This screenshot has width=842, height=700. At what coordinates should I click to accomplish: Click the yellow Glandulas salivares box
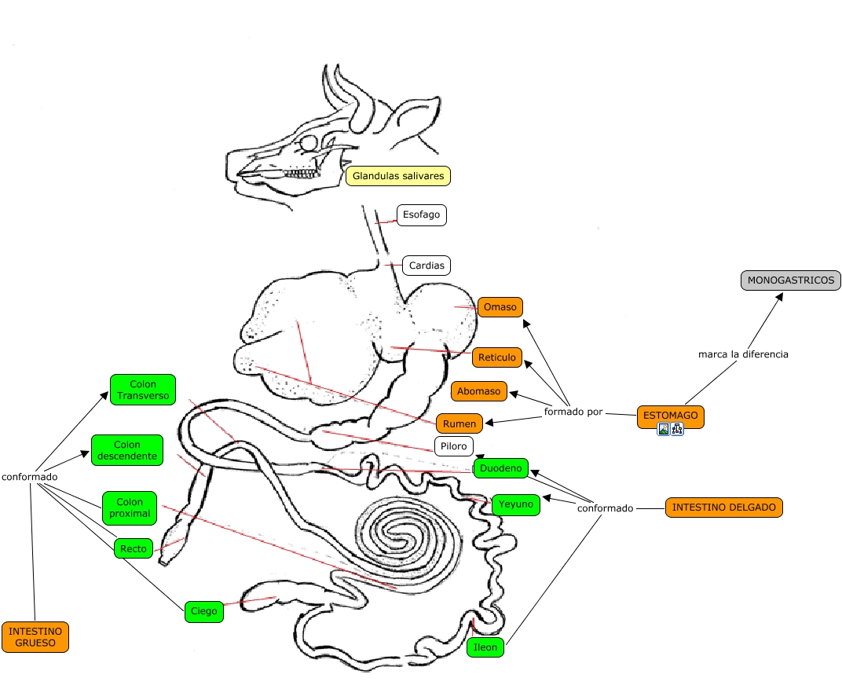click(x=398, y=176)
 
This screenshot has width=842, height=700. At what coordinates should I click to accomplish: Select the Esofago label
click(x=422, y=214)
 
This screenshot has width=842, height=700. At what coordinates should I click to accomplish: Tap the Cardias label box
click(x=426, y=266)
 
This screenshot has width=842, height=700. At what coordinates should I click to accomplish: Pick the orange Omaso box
click(x=500, y=307)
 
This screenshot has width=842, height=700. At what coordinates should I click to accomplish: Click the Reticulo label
click(x=497, y=357)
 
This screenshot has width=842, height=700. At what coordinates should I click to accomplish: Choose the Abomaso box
click(x=479, y=391)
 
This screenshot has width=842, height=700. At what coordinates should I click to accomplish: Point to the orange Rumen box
click(x=459, y=423)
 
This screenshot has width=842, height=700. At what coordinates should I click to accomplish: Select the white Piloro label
click(x=454, y=446)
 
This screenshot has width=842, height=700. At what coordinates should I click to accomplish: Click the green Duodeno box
click(x=500, y=468)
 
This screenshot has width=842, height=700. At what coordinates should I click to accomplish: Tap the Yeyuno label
click(x=516, y=504)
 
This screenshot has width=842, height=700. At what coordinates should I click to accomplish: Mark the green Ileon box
click(x=485, y=647)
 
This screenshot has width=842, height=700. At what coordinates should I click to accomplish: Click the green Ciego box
click(x=204, y=611)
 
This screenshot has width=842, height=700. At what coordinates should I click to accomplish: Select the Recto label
click(x=134, y=548)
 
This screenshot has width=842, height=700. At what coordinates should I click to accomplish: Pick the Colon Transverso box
click(x=143, y=390)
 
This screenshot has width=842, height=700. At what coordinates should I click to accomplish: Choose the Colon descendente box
click(x=127, y=450)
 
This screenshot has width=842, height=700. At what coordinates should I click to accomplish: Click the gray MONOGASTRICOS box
click(x=791, y=280)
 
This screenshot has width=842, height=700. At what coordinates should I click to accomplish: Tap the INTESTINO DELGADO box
click(x=724, y=508)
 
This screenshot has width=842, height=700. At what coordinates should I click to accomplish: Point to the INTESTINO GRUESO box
click(x=35, y=636)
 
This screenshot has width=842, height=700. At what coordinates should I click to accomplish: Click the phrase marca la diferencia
click(x=743, y=354)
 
